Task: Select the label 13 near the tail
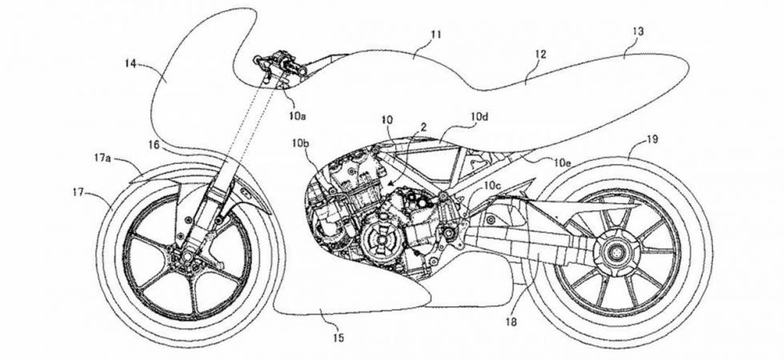click(x=638, y=31)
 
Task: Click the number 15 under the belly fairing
click(x=338, y=340)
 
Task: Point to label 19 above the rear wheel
click(x=652, y=140)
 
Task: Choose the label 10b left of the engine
click(x=300, y=143)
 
